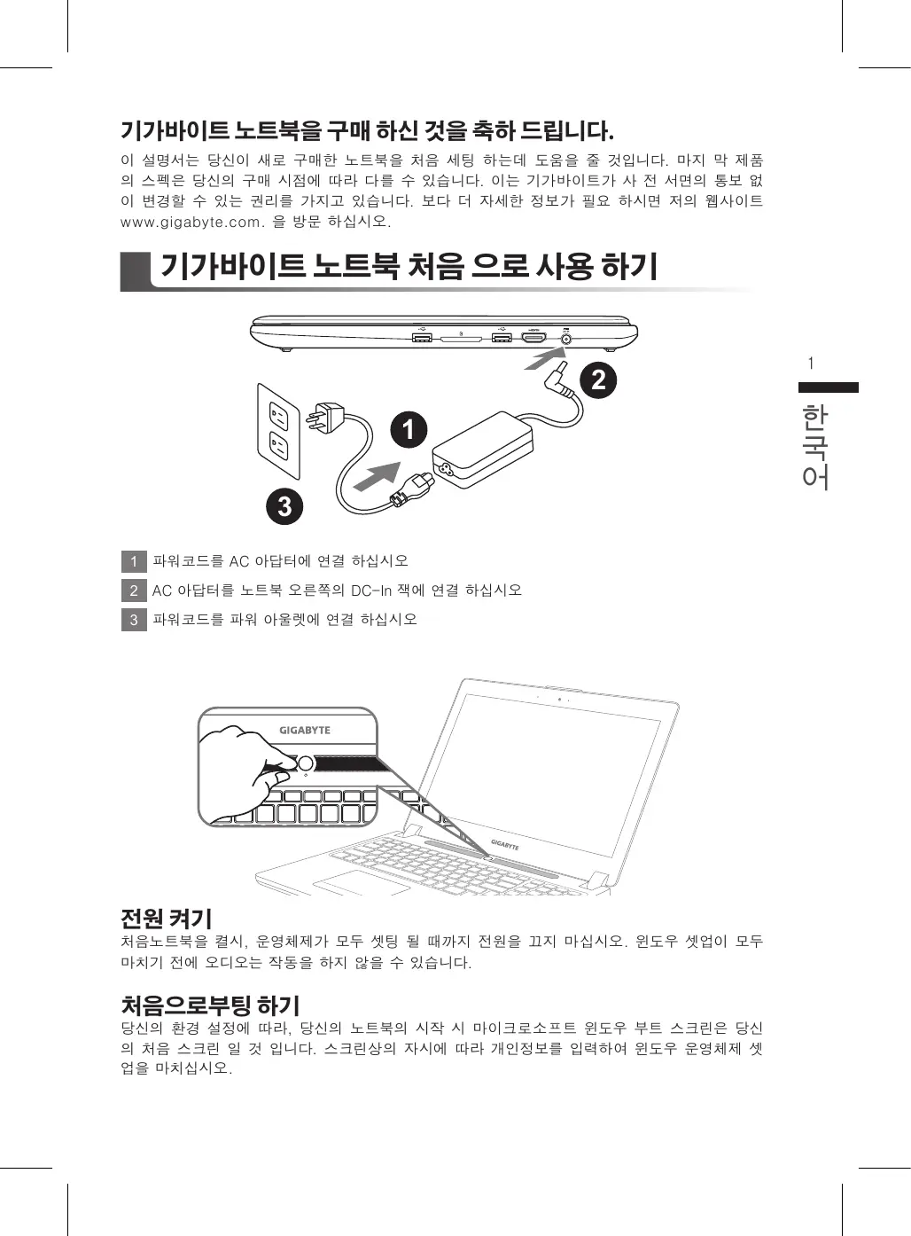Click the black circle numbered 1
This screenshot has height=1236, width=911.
pos(409,429)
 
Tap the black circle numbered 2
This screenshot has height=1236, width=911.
pos(598,380)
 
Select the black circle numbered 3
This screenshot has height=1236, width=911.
pos(284,506)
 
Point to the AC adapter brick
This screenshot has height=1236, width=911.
pos(483,450)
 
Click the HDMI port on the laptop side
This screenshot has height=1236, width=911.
pos(533,337)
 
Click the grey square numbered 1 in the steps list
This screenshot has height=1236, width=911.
pos(134,561)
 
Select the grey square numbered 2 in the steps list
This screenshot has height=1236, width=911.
pos(134,591)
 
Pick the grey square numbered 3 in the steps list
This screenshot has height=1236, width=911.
pos(134,620)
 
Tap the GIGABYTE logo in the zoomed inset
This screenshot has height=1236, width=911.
pos(304,730)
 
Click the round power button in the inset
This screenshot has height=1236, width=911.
pos(306,764)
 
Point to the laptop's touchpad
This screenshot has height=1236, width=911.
pos(362,882)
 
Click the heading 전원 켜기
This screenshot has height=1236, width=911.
pos(166,919)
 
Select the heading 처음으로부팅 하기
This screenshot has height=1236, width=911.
pos(210,1005)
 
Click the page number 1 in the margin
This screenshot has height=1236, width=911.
pos(811,364)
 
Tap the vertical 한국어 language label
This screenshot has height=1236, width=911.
pos(815,448)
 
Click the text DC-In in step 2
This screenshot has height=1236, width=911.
pos(371,591)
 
